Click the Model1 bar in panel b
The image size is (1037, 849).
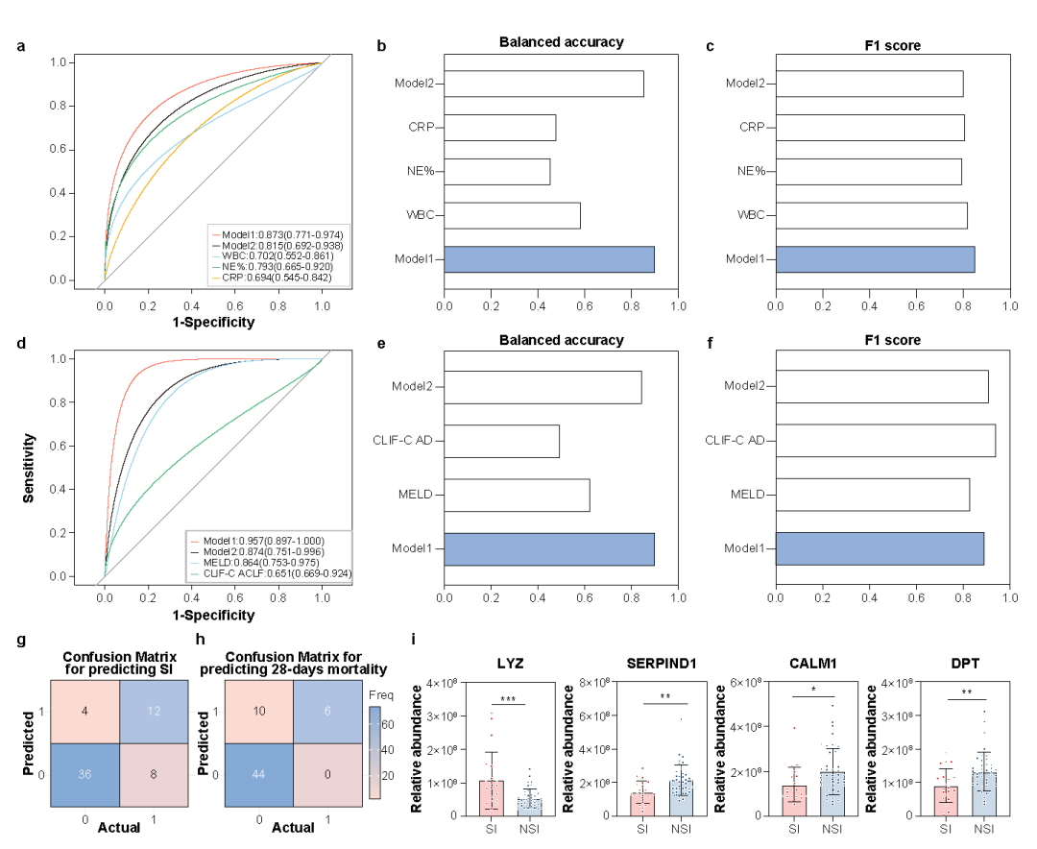549,259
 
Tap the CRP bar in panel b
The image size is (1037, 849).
499,128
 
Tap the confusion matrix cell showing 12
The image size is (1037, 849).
156,709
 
